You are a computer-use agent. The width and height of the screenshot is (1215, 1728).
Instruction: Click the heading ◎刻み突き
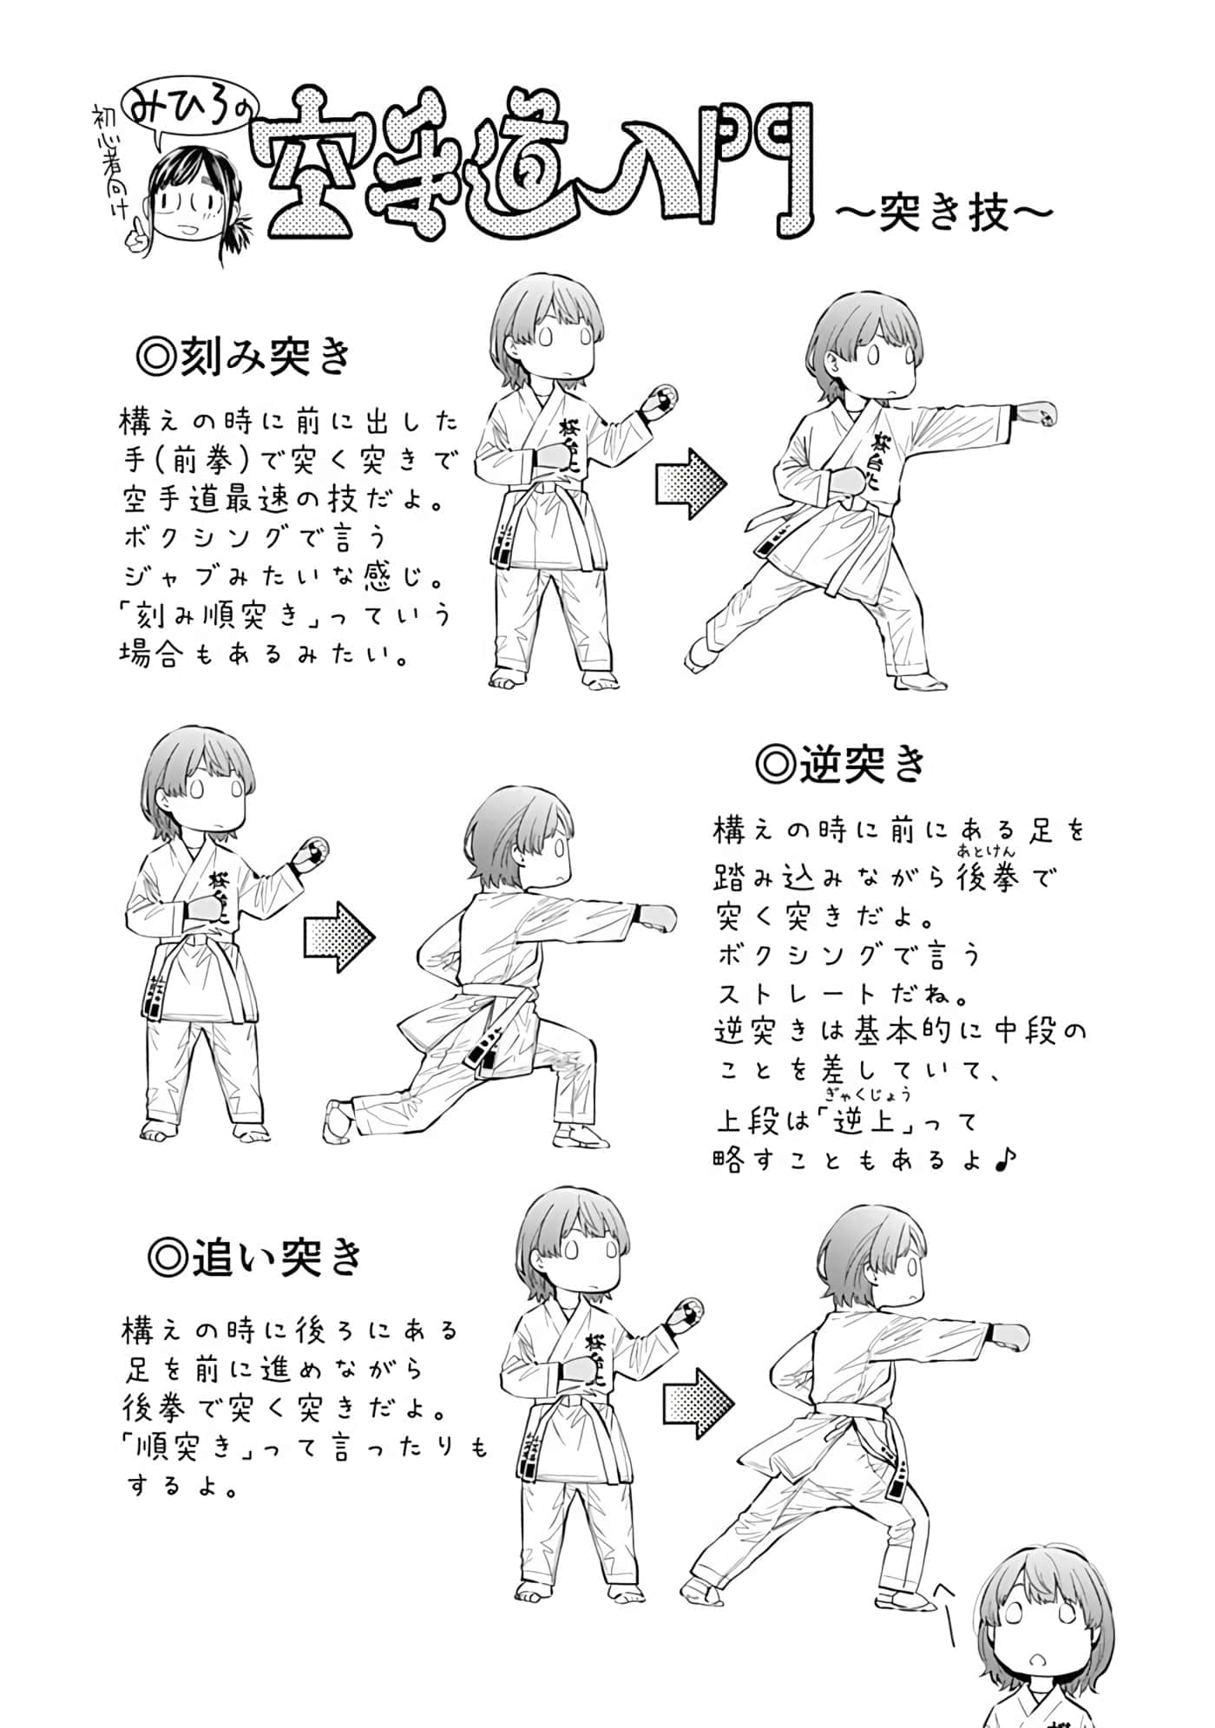(x=245, y=357)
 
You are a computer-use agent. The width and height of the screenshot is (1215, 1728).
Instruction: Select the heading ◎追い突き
(x=255, y=1256)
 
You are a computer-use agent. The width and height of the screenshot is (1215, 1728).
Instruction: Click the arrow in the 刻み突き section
(x=691, y=483)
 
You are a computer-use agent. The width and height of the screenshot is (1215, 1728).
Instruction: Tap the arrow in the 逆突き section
(x=339, y=937)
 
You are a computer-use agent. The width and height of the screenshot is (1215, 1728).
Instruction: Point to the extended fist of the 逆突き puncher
(x=658, y=918)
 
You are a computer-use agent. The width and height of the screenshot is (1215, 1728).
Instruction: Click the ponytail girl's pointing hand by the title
(x=136, y=232)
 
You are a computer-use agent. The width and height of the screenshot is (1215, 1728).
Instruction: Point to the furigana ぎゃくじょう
(x=862, y=1096)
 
